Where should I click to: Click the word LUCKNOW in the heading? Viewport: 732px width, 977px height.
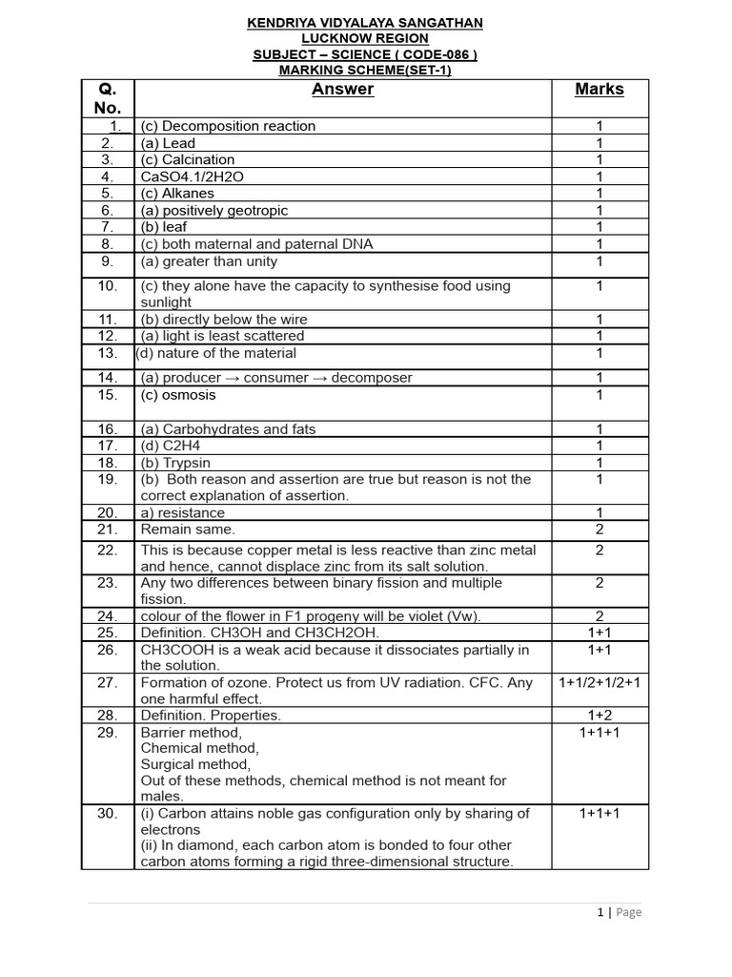335,38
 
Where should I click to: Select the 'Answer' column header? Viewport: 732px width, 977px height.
342,90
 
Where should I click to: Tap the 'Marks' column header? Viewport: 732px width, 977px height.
600,90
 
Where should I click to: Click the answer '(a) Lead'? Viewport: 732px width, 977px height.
168,143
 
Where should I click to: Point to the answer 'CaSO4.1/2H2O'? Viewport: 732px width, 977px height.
185,177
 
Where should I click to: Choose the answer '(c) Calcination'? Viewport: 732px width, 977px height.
187,159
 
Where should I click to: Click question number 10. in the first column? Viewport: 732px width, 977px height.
108,285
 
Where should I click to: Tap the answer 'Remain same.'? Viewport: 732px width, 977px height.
188,529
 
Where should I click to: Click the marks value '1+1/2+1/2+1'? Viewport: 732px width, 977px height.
600,682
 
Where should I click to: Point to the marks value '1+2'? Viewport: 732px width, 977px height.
600,715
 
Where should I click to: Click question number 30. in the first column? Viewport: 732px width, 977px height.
108,813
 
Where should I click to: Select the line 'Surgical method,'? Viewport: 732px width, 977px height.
195,764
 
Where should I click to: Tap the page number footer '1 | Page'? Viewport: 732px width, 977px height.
619,912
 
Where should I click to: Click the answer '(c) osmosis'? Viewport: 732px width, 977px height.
178,395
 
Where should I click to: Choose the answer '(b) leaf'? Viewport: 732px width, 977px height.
164,227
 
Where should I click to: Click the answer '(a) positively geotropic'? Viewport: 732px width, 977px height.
214,210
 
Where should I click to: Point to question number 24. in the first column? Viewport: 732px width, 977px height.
108,615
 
